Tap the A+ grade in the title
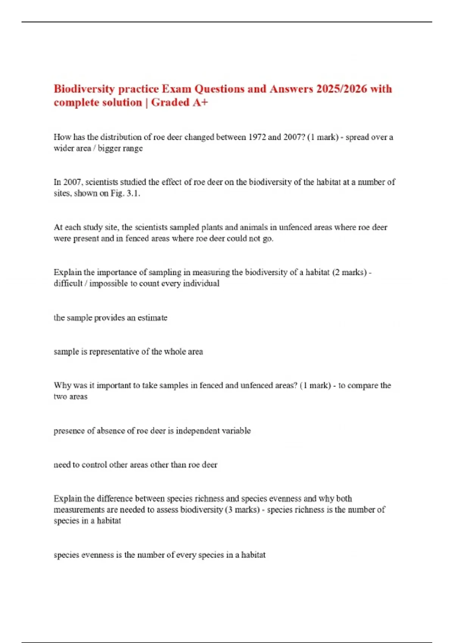pyautogui.click(x=200, y=103)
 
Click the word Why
pyautogui.click(x=62, y=385)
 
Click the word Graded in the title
pyautogui.click(x=170, y=103)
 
